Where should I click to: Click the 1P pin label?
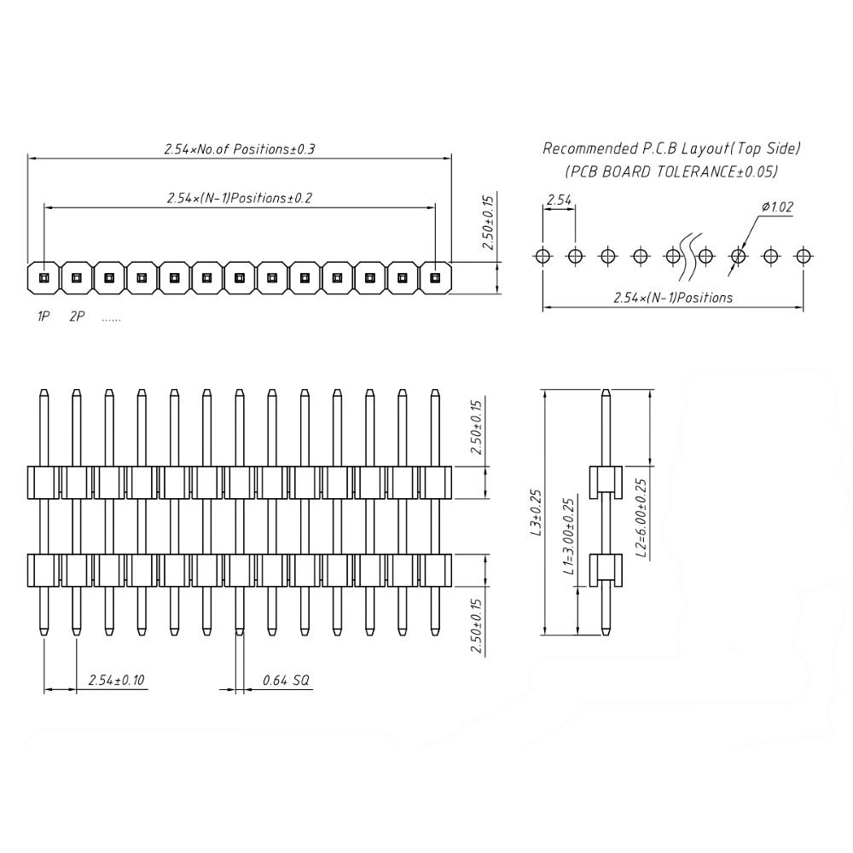44,316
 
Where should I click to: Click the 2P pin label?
77,316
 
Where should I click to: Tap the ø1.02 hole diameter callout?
777,206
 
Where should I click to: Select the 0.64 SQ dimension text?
286,680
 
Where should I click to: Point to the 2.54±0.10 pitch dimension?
116,680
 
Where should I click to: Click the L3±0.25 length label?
537,513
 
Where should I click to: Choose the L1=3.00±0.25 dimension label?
568,537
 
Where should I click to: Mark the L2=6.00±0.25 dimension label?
642,518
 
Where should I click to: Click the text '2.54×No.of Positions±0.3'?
240,149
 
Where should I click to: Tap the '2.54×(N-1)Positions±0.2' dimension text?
240,198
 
